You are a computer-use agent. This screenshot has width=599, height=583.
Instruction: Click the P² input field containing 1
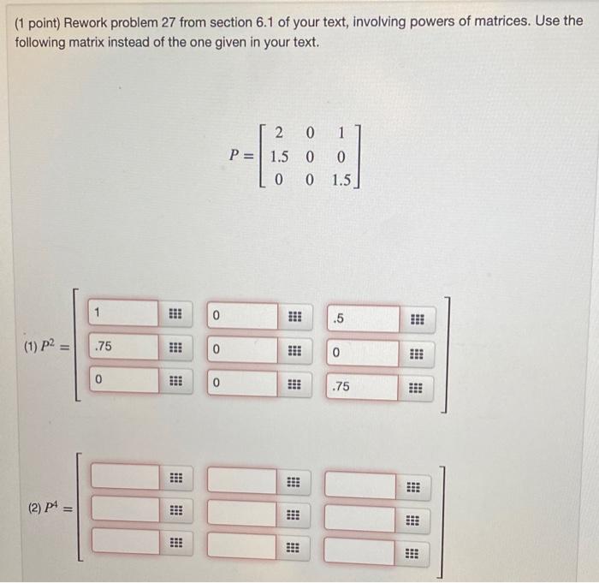coord(125,312)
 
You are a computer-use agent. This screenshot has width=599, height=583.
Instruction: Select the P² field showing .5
coord(362,319)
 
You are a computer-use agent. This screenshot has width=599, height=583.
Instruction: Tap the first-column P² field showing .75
coord(125,347)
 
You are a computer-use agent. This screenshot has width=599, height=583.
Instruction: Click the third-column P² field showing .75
coord(362,387)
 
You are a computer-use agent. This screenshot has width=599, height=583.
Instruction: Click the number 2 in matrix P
coord(279,133)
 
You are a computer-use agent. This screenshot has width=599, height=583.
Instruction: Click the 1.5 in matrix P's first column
coord(279,158)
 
